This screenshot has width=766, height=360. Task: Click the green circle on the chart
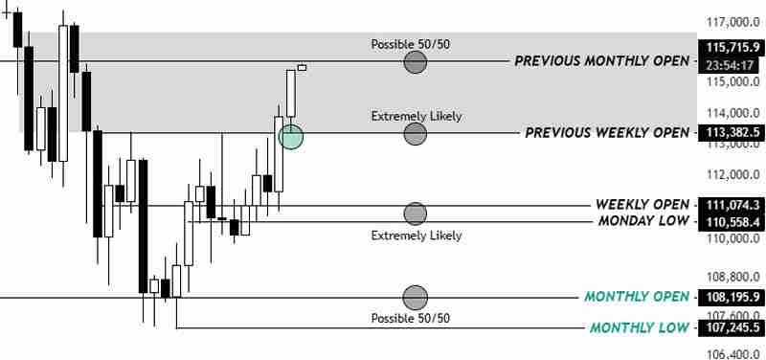pyautogui.click(x=291, y=137)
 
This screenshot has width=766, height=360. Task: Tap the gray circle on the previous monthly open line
pyautogui.click(x=415, y=62)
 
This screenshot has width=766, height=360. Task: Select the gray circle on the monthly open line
pyautogui.click(x=415, y=297)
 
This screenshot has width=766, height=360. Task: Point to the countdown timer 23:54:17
pyautogui.click(x=731, y=65)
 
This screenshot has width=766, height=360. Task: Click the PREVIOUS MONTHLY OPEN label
pyautogui.click(x=600, y=60)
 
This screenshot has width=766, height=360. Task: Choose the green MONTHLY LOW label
pyautogui.click(x=639, y=328)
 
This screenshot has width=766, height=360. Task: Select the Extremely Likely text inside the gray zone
pyautogui.click(x=417, y=116)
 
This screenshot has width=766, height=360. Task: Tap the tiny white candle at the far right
pyautogui.click(x=303, y=67)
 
